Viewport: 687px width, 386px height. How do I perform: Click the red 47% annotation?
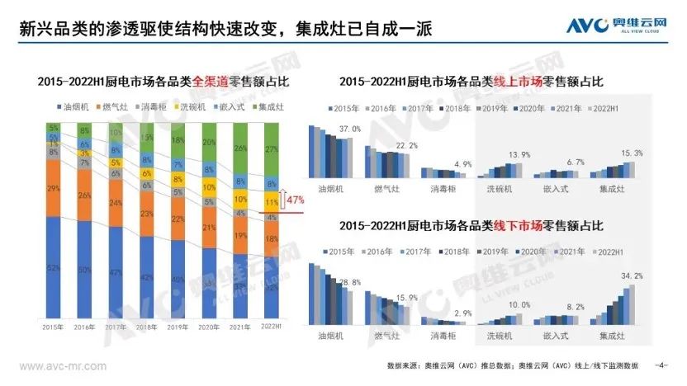point(295,200)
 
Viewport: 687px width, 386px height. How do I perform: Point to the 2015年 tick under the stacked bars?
point(54,327)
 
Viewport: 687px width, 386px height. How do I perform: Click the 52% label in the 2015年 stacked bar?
point(54,269)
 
